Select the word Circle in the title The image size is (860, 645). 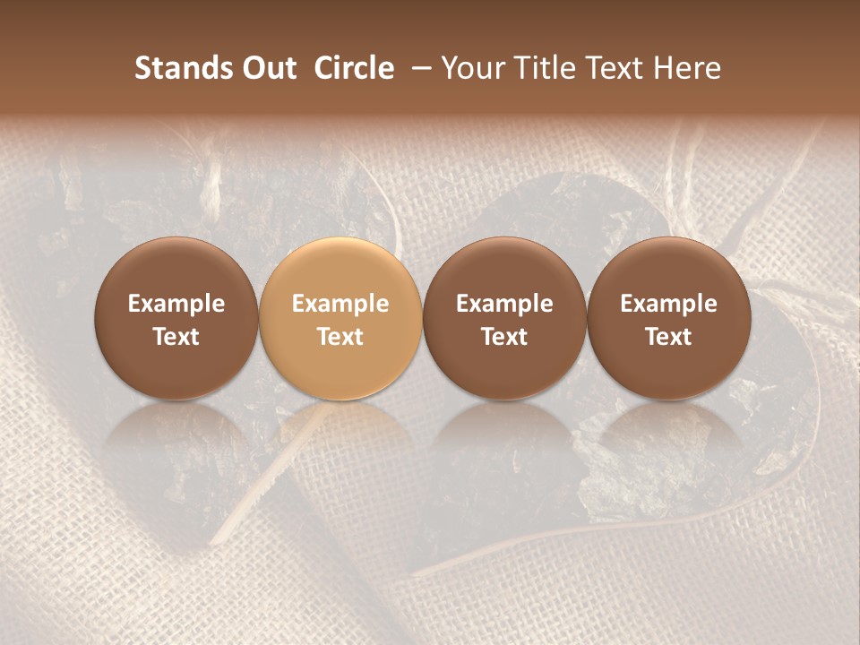[x=354, y=68]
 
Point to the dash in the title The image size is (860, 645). [x=418, y=68]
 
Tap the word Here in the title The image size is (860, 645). [x=686, y=68]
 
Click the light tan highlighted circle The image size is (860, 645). [x=340, y=319]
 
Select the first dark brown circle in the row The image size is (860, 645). [x=176, y=319]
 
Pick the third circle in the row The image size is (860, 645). [x=504, y=319]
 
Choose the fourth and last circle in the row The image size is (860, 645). [x=668, y=319]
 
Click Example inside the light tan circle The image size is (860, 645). [x=340, y=304]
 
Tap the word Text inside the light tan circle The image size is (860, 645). [x=340, y=337]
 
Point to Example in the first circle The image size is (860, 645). [x=176, y=304]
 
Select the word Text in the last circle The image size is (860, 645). [x=668, y=337]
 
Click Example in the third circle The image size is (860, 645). [x=504, y=304]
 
